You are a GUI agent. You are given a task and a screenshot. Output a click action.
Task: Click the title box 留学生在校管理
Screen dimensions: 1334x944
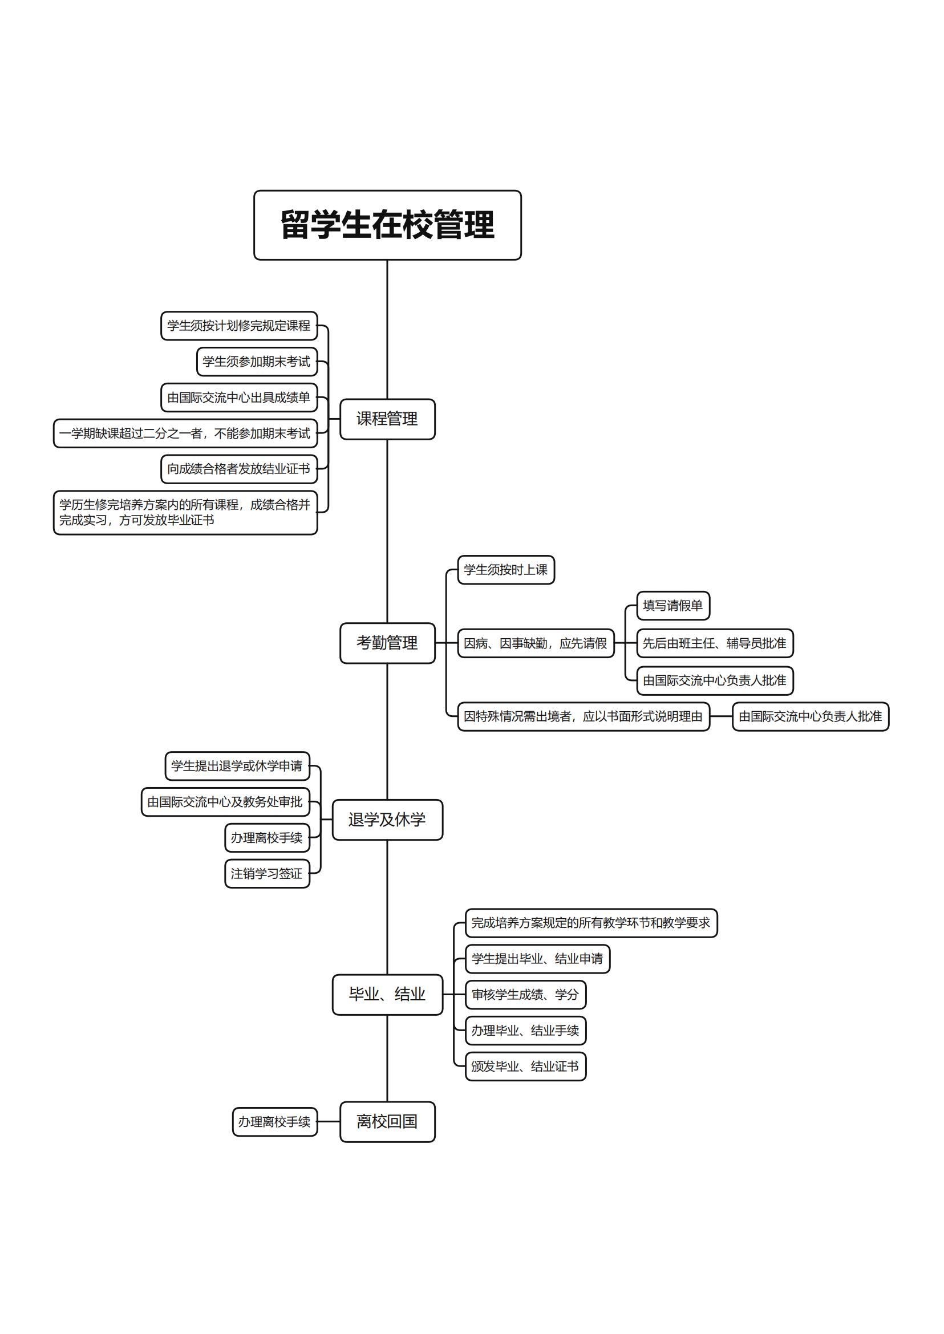pos(387,225)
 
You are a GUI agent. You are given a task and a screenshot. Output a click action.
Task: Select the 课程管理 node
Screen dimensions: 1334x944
pos(387,419)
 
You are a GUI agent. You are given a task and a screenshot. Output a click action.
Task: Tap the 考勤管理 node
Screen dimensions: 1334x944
pos(387,643)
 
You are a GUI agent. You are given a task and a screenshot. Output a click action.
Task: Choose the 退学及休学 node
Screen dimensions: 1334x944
pos(387,820)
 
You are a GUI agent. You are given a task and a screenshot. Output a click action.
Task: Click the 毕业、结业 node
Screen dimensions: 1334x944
pos(387,995)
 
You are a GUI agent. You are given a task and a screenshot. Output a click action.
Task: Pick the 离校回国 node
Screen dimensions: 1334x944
pos(387,1121)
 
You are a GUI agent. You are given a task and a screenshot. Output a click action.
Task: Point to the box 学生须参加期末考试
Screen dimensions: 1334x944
pos(256,362)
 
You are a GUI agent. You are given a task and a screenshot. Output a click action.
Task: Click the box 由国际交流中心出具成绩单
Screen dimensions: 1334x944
pos(239,398)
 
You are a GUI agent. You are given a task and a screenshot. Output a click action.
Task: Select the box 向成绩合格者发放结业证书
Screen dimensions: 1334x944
pos(239,469)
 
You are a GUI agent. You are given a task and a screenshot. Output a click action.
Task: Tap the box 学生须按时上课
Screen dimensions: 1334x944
pos(506,570)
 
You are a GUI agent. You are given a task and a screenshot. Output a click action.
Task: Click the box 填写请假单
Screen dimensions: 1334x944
pos(672,606)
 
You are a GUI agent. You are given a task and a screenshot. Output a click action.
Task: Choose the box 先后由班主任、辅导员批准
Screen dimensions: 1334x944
pos(714,643)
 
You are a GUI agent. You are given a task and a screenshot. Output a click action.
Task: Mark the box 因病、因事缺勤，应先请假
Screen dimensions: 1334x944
pos(536,643)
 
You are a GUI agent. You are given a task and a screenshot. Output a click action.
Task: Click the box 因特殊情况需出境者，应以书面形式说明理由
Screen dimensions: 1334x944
pos(583,716)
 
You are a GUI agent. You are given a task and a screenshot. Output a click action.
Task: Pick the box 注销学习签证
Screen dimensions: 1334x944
pos(267,874)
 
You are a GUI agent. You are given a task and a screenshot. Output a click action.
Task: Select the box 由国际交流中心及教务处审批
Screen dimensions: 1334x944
pos(225,802)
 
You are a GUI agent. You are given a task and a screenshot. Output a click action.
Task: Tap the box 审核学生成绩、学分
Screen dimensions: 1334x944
pos(525,995)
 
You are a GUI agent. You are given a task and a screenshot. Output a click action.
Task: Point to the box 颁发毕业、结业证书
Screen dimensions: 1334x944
pos(525,1066)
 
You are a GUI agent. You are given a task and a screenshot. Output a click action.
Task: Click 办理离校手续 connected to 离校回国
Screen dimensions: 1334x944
pos(274,1121)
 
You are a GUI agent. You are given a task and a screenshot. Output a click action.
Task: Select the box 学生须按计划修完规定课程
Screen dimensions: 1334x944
pos(239,326)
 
